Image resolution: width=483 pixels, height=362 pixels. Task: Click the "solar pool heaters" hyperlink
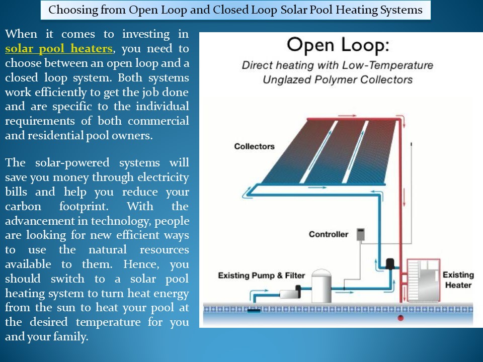[x=59, y=49]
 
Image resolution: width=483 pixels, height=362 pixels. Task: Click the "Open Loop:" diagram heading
[x=338, y=46]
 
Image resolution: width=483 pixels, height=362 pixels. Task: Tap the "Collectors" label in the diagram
[x=254, y=146]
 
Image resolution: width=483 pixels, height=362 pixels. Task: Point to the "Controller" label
[x=328, y=234]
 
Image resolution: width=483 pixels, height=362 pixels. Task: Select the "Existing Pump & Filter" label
[x=261, y=276]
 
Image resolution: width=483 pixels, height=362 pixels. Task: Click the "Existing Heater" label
[x=458, y=280]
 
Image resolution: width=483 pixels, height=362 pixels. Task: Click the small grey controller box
[x=360, y=234]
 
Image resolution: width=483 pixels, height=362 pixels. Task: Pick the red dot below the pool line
[x=400, y=318]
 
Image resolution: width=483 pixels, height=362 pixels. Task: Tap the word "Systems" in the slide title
[x=401, y=10]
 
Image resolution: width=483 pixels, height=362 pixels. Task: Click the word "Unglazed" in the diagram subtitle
[x=286, y=79]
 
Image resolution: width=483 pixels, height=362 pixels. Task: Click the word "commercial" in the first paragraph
[x=158, y=121]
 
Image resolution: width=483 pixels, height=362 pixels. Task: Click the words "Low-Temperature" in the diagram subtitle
[x=393, y=65]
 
